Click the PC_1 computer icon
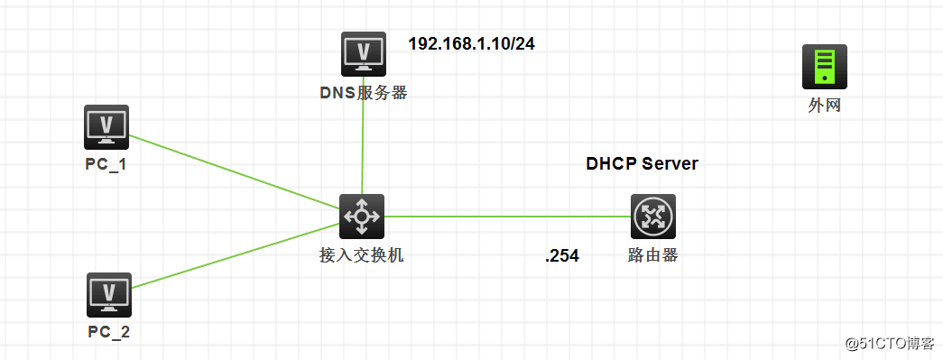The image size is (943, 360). pyautogui.click(x=106, y=126)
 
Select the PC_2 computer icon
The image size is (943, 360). pyautogui.click(x=109, y=294)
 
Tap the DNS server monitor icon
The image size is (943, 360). pyautogui.click(x=364, y=54)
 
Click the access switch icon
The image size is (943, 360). pyautogui.click(x=362, y=217)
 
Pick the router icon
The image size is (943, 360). pyautogui.click(x=652, y=217)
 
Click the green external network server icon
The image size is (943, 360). pyautogui.click(x=825, y=68)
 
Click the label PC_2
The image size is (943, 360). pyautogui.click(x=109, y=332)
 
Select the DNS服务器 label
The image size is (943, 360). pyautogui.click(x=364, y=92)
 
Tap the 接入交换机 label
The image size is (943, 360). pyautogui.click(x=362, y=255)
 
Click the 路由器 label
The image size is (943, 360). pyautogui.click(x=652, y=255)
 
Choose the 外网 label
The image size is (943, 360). pyautogui.click(x=825, y=106)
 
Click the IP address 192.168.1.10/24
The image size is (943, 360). pyautogui.click(x=471, y=43)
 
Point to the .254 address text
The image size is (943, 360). pyautogui.click(x=561, y=256)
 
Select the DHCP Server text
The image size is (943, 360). pyautogui.click(x=642, y=164)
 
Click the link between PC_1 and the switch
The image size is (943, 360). pyautogui.click(x=235, y=176)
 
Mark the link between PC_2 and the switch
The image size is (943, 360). pyautogui.click(x=235, y=255)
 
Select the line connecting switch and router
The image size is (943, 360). pyautogui.click(x=505, y=217)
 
